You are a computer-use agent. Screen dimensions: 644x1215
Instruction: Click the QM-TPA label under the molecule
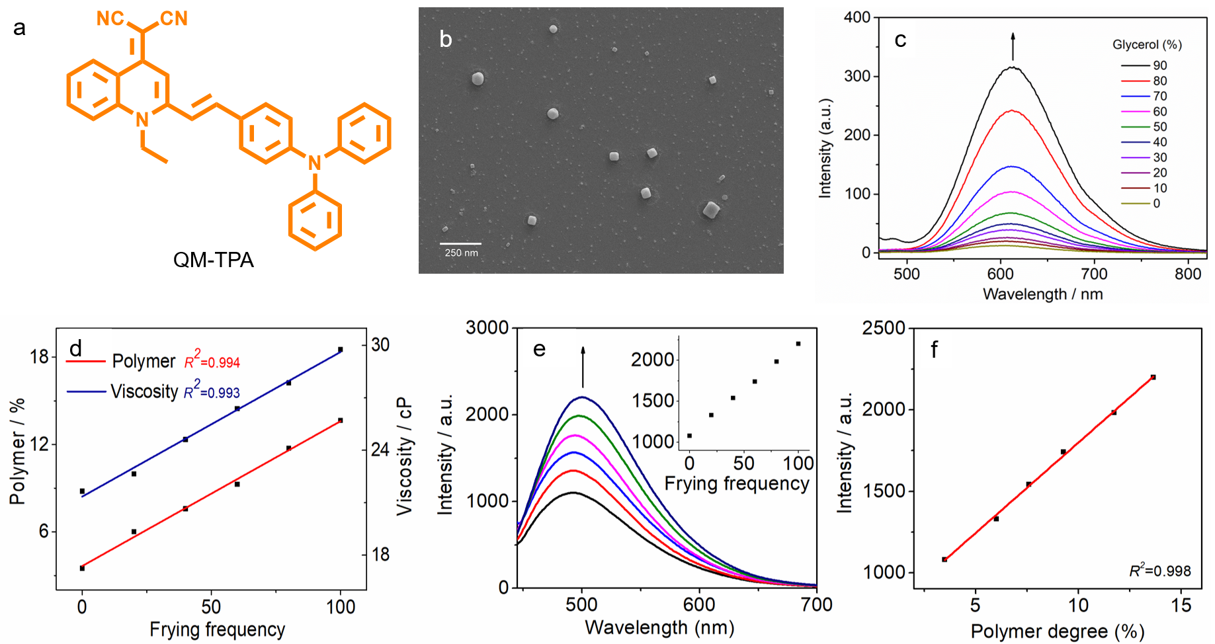(x=213, y=260)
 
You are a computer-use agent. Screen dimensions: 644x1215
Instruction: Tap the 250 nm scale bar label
(x=461, y=253)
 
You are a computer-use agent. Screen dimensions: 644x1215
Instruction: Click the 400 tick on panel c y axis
(x=857, y=17)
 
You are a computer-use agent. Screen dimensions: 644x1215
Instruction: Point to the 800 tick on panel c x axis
(x=1188, y=274)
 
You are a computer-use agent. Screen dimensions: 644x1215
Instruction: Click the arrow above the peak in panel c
(x=1013, y=46)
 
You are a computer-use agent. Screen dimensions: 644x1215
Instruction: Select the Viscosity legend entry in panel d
(x=144, y=391)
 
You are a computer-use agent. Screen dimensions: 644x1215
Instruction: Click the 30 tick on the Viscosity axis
(x=380, y=344)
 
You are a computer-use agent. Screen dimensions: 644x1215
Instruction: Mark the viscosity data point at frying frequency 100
(x=341, y=349)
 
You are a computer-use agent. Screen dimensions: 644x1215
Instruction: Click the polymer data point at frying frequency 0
(x=82, y=568)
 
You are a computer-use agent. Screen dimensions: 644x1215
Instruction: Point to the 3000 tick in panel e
(x=487, y=328)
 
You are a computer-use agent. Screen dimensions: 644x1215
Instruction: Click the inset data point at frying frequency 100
(x=798, y=344)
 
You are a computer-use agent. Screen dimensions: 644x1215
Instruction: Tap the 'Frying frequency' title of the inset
(x=737, y=483)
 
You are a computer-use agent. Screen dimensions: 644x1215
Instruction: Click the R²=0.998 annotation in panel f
(x=1159, y=571)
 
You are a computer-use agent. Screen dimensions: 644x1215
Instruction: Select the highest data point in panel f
(x=1153, y=377)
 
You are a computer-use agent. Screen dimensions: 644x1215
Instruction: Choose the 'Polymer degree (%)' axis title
(x=1057, y=631)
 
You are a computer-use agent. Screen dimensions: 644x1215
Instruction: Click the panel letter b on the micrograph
(x=446, y=40)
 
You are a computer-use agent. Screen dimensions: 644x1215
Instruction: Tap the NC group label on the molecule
(x=110, y=19)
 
